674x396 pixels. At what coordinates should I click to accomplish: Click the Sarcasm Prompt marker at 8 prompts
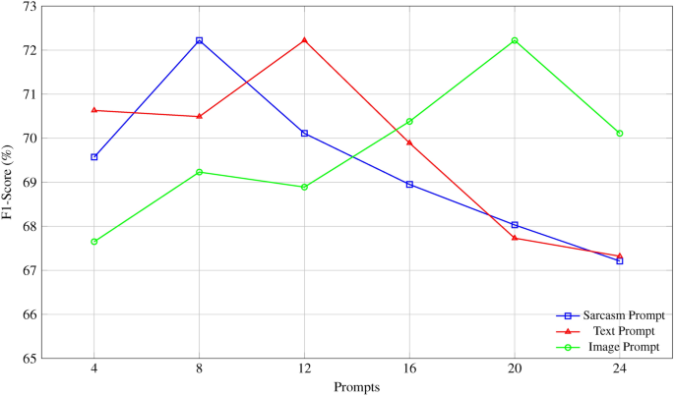click(x=199, y=40)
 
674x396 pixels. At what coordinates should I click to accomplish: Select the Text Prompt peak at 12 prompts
click(x=304, y=40)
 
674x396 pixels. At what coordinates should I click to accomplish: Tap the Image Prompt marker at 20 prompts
click(x=515, y=40)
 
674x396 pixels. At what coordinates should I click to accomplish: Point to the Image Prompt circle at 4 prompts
click(x=93, y=242)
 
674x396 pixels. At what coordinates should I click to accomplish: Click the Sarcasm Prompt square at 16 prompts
click(x=409, y=185)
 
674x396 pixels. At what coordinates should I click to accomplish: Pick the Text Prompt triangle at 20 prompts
click(x=515, y=238)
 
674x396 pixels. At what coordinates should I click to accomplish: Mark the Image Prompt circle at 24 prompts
click(x=620, y=133)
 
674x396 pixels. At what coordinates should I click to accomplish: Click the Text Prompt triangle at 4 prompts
click(x=93, y=110)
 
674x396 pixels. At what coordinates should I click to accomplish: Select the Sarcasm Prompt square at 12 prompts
click(x=304, y=133)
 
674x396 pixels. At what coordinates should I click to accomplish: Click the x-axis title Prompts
click(x=356, y=387)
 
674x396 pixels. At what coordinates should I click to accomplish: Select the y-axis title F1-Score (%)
click(x=8, y=183)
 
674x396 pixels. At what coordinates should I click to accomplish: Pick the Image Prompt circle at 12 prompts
click(x=304, y=187)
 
